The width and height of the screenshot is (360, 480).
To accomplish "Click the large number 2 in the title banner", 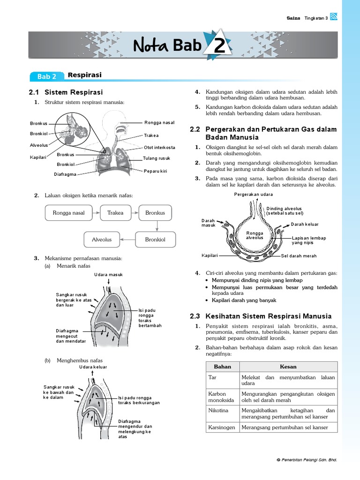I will point(219,47).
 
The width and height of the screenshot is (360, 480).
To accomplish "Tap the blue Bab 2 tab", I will point(46,76).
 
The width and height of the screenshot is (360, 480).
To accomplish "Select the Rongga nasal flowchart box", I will point(69,213).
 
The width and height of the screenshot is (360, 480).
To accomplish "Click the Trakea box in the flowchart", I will point(115,213).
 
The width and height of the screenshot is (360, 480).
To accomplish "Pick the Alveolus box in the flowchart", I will point(102,240).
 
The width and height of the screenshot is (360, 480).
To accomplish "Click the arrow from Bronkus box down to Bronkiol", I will point(158,226).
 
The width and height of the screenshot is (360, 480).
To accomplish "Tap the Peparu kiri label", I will point(156,171).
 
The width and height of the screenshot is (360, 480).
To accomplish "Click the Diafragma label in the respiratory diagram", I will point(65,174).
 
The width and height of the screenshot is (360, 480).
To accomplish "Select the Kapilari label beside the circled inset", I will point(38,157).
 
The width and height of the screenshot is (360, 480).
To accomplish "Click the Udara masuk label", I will point(108,275).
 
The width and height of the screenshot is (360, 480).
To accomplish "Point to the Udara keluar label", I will point(93,367).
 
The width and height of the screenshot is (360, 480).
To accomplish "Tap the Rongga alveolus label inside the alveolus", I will point(255,235).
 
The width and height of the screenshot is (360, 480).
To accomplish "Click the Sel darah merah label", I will point(299,256).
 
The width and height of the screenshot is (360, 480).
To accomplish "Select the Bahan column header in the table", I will point(222,367).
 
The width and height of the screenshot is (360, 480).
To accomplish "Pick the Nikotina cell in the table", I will point(218,410).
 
